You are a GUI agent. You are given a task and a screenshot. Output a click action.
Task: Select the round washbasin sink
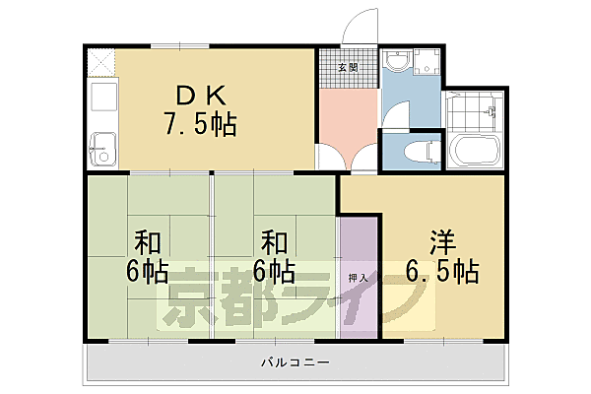(x=396, y=63)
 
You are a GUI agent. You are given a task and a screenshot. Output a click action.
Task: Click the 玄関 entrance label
(x=348, y=68)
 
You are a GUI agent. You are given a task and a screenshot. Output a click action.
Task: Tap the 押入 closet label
(x=359, y=279)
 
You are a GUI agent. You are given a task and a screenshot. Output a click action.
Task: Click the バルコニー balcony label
(x=295, y=362)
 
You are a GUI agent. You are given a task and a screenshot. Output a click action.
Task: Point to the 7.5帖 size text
(x=200, y=125)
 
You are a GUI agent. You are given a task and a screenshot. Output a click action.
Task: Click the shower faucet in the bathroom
(x=489, y=113)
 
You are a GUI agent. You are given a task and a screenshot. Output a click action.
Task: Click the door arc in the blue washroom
(x=394, y=116)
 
